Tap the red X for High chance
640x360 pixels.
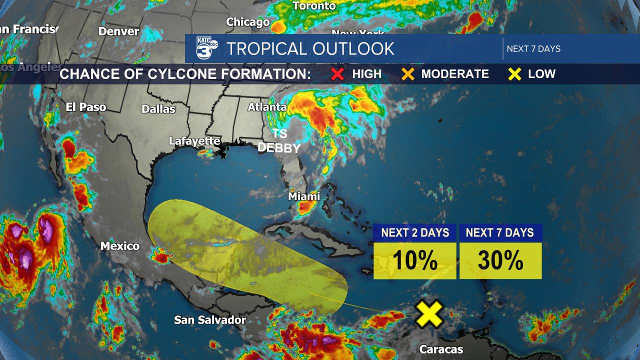[x=338, y=74]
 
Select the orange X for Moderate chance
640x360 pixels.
[x=408, y=74]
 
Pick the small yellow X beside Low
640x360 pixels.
[x=515, y=74]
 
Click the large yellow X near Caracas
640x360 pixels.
[x=429, y=314]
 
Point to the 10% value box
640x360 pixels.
[x=415, y=260]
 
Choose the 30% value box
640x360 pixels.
[x=500, y=260]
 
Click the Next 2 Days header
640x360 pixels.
[x=415, y=232]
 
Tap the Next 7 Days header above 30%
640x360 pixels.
[x=500, y=232]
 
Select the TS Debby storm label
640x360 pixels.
[x=279, y=141]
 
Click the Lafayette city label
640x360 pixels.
[x=194, y=141]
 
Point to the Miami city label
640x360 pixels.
[x=304, y=196]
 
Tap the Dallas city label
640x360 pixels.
[x=158, y=108]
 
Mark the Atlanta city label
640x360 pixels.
[x=267, y=107]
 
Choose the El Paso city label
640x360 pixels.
[x=86, y=106]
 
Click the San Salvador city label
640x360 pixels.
[x=210, y=320]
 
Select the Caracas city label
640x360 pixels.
[x=441, y=349]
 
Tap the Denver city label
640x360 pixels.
[x=118, y=31]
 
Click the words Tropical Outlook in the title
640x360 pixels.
[x=310, y=48]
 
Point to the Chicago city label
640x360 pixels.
[x=248, y=22]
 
